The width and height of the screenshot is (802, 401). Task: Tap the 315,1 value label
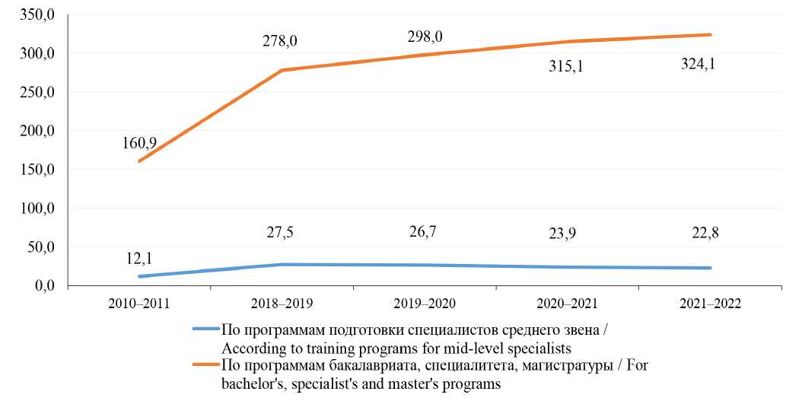565,66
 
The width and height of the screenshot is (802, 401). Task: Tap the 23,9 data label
565,234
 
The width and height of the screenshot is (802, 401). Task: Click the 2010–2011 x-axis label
138,303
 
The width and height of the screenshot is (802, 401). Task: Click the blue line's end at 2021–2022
710,268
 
